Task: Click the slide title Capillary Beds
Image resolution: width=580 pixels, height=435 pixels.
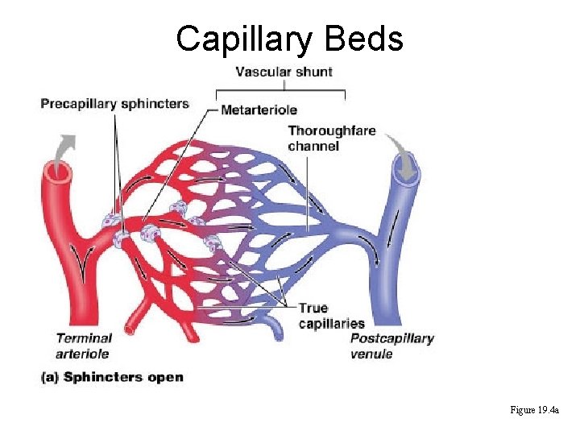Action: (290, 38)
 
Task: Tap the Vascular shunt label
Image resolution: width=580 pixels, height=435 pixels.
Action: (284, 72)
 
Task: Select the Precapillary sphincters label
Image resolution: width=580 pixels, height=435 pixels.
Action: (115, 103)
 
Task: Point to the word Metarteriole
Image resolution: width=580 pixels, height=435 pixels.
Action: (259, 110)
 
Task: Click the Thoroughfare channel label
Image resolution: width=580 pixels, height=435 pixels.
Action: (331, 138)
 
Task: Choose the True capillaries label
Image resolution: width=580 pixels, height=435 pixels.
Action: (331, 316)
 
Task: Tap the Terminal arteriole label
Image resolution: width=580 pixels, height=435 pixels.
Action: (84, 346)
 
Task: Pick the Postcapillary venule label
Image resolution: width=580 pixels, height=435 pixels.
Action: (391, 346)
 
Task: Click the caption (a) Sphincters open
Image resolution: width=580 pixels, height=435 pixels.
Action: (112, 377)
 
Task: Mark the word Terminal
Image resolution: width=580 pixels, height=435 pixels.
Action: (84, 338)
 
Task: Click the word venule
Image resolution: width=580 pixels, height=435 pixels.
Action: (371, 353)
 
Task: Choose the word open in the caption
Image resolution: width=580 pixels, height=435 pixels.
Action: (166, 377)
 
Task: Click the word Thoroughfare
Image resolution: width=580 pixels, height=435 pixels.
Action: (331, 130)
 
